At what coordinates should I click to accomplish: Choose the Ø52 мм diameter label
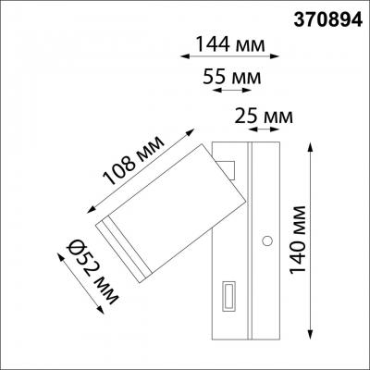84,267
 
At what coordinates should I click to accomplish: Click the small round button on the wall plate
266,240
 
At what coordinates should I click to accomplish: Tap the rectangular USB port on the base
228,298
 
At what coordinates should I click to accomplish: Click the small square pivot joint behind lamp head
228,167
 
